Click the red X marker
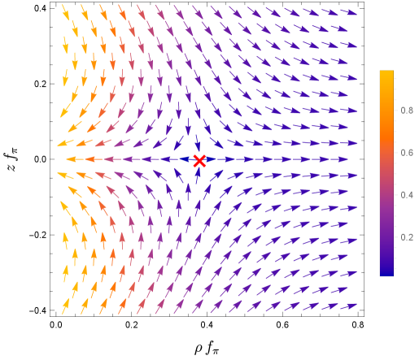point(199,160)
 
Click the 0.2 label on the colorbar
point(407,237)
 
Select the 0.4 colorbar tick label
point(407,195)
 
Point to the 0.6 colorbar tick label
point(407,153)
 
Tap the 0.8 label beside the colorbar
point(407,110)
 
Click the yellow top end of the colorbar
point(386,73)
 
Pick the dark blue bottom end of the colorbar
point(386,272)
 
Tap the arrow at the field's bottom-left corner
point(66,306)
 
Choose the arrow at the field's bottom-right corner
point(348,306)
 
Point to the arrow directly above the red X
point(197,142)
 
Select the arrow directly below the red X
point(197,177)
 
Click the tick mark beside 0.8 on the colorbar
point(395,110)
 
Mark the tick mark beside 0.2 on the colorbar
point(395,237)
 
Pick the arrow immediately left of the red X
point(181,159)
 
